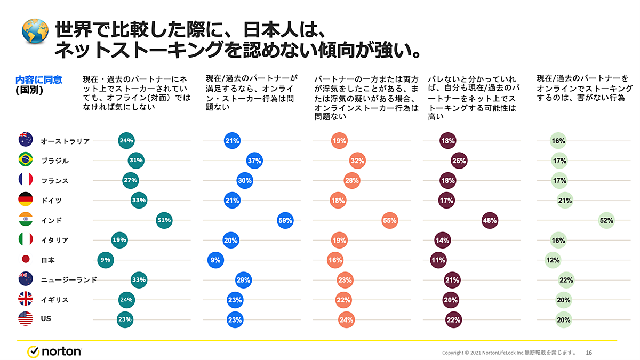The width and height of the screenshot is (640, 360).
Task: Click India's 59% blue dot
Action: tap(285, 220)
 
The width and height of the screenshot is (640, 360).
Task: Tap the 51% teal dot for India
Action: tap(164, 220)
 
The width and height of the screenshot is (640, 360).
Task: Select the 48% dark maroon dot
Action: tap(490, 220)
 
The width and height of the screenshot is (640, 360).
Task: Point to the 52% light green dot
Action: tap(606, 220)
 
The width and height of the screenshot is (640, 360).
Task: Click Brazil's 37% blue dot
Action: tap(254, 161)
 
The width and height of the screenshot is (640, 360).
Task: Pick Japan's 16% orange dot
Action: tap(335, 260)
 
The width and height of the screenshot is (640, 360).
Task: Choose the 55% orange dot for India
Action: tap(390, 220)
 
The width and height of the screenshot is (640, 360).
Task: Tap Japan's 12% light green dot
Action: tap(553, 260)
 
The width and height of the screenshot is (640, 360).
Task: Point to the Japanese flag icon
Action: tap(26, 260)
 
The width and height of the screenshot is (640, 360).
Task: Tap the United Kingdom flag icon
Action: tap(26, 300)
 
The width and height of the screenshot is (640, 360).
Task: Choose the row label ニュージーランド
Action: tap(69, 280)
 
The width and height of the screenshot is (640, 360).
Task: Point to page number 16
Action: tap(589, 353)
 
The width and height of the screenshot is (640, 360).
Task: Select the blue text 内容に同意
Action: tap(39, 80)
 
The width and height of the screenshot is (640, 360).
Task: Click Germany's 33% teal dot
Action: tap(139, 201)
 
